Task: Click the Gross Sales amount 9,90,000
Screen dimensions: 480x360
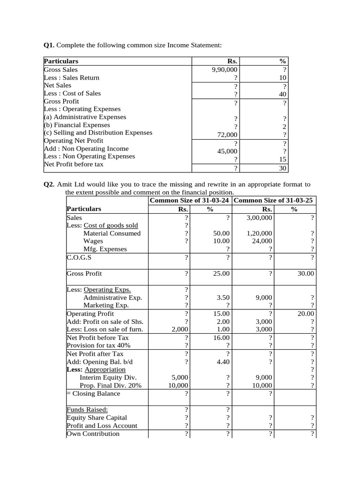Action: [225, 69]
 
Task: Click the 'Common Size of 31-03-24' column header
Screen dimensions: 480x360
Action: [189, 201]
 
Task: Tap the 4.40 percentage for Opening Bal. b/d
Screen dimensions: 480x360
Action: [222, 362]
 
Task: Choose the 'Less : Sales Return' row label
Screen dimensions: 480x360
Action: [71, 77]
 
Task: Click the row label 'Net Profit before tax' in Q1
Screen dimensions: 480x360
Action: [74, 164]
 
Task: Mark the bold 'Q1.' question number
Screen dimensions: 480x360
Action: [49, 45]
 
